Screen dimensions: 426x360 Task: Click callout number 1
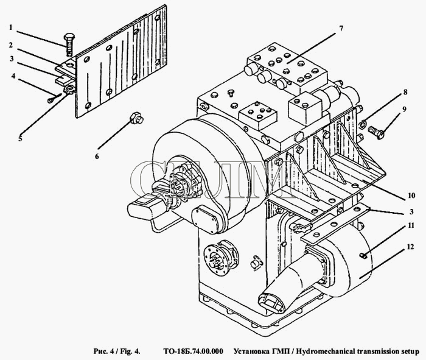coord(11,27)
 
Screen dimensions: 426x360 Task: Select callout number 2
coord(11,45)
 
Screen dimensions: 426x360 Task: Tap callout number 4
coord(13,76)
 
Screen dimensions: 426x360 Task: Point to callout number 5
coord(20,138)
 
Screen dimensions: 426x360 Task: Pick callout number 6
coord(97,157)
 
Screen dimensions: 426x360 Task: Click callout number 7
coord(341,28)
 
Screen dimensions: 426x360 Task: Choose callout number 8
coord(405,92)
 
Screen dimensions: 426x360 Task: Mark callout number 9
coord(405,109)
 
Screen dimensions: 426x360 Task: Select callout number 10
coord(411,196)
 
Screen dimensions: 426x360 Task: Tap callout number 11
coord(411,225)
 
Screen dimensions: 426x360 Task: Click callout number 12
coord(411,247)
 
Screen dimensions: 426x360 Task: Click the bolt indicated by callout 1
coord(69,44)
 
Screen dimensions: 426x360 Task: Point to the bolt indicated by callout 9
coord(376,132)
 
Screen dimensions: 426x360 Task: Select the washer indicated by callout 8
coord(363,124)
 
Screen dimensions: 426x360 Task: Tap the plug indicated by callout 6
coord(136,118)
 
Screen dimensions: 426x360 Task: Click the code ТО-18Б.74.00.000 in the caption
coord(193,351)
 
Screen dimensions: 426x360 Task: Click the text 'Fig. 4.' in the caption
coord(131,351)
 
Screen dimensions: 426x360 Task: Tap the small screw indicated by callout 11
coord(363,255)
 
